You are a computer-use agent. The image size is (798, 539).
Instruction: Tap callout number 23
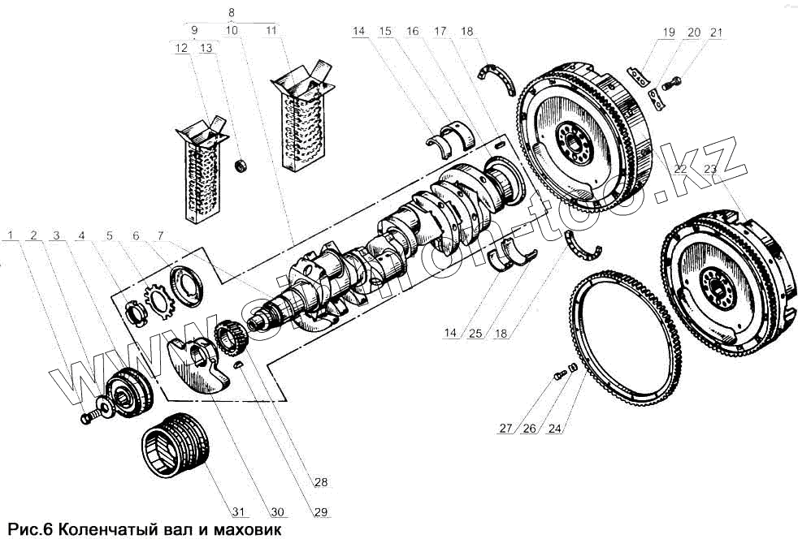coord(709,169)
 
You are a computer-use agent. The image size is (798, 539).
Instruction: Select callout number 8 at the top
coord(232,13)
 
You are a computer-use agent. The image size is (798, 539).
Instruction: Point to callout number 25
coord(475,333)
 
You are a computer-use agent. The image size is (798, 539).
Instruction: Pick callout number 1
coord(11,235)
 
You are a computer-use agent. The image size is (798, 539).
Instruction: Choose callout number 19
coord(668,32)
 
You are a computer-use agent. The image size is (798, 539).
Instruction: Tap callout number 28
coord(321,482)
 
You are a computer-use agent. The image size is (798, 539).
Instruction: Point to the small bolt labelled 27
coord(559,375)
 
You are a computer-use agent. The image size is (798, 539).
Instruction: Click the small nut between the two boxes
coord(241,166)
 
